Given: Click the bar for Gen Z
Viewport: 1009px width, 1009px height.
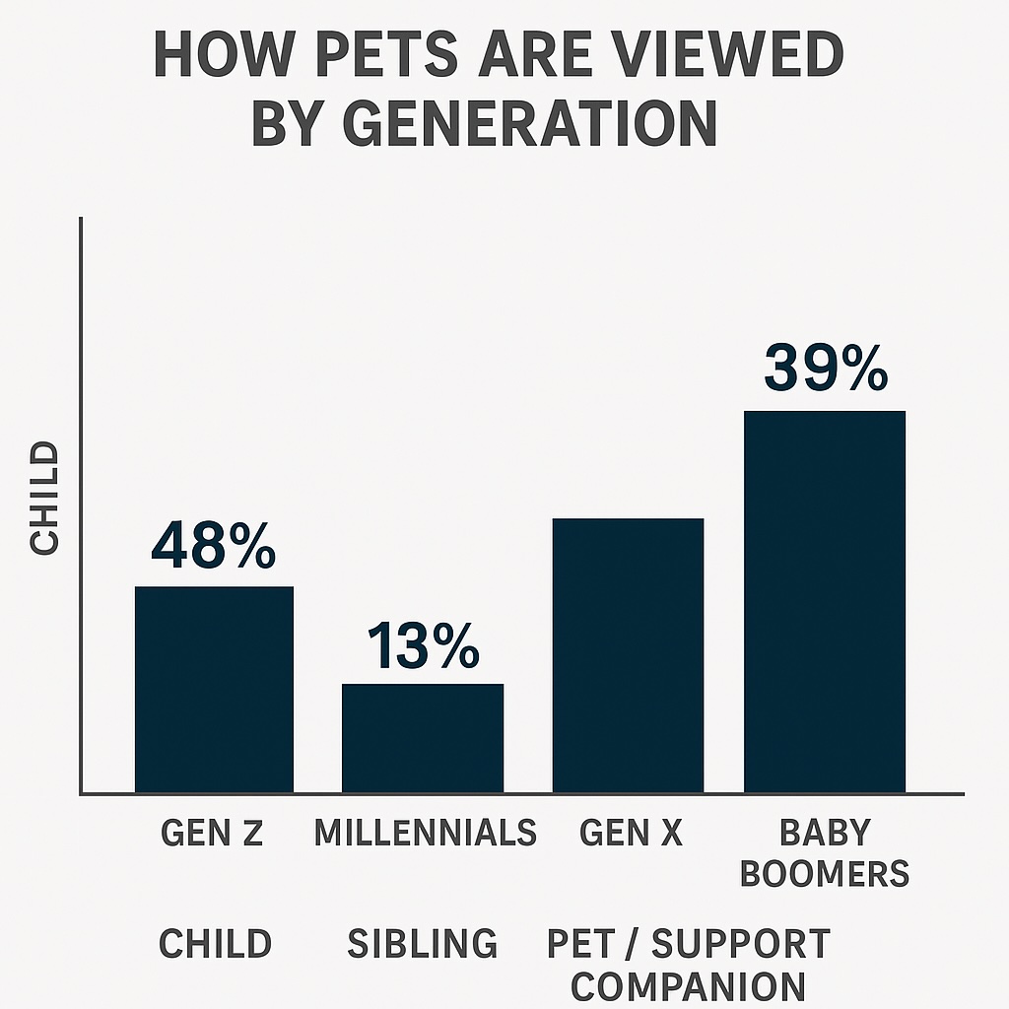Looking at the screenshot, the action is pos(214,689).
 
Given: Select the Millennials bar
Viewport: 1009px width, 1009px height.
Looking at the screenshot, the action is pos(422,738).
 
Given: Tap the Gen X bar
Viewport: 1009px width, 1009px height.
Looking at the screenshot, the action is pos(628,655).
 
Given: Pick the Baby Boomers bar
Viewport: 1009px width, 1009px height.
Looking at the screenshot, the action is pos(825,602).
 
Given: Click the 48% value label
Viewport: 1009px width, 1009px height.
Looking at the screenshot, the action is pos(214,546).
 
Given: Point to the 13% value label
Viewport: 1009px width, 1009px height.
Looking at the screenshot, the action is pos(424,646).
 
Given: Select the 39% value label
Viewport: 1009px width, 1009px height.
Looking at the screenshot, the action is pos(826,369).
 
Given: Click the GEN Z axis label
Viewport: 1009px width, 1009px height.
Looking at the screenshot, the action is pos(213,833).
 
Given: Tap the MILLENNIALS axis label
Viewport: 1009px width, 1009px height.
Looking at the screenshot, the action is pos(425,833).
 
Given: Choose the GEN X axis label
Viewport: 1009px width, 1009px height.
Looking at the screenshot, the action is pos(631,833).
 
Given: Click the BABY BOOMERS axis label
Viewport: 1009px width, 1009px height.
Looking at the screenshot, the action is pos(825,853).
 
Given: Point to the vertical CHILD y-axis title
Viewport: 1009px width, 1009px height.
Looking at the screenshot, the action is pos(44,498).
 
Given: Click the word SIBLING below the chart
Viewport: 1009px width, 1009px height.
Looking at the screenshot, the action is pos(422,943).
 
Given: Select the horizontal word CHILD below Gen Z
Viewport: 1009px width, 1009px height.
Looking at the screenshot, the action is pos(215,943).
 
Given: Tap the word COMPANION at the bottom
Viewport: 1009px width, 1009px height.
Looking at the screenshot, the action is pos(688,986).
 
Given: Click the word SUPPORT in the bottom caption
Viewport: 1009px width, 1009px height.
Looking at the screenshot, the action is pos(741,943).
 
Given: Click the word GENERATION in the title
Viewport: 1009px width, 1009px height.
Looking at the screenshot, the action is pos(530,123).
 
